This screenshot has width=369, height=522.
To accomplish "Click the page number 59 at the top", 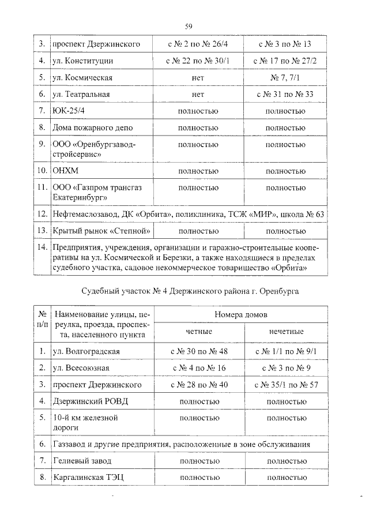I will pos(189,25).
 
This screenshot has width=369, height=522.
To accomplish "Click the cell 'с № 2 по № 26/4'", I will pos(198,44).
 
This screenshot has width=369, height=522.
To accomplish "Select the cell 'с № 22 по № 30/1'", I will pos(198,61).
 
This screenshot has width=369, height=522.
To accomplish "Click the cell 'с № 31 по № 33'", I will pos(285,94).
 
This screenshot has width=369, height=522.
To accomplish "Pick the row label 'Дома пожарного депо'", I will pos(88,127).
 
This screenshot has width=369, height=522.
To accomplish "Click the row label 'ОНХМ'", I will pos(65,171).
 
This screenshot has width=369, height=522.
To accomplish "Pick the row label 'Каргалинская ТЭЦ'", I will pos(87,478).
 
